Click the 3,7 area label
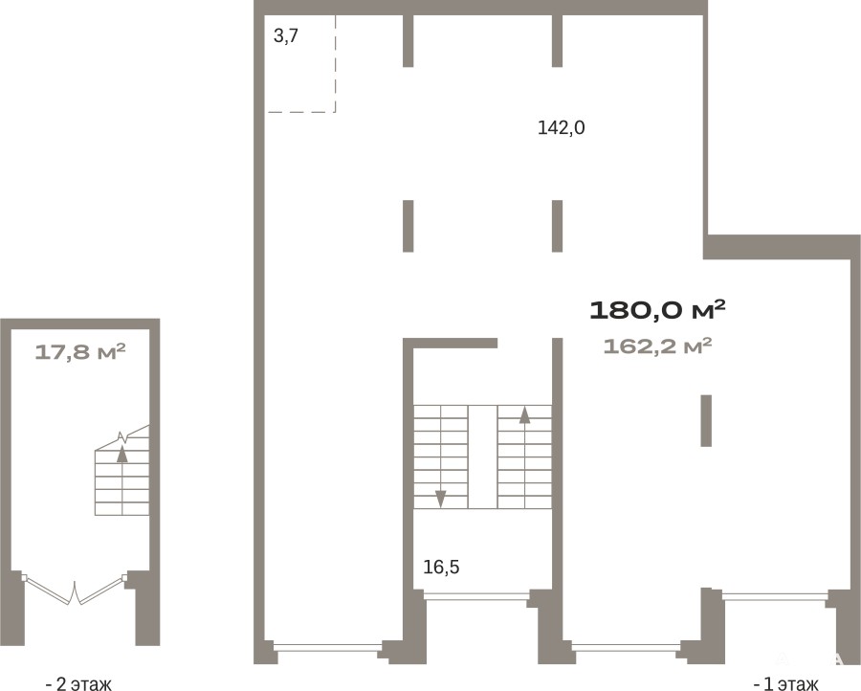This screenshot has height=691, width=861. click(x=285, y=36)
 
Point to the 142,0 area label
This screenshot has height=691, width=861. click(x=562, y=128)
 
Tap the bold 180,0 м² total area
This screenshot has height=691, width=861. click(x=657, y=310)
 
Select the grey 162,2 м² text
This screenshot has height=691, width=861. click(x=657, y=346)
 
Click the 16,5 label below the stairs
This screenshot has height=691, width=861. click(x=441, y=567)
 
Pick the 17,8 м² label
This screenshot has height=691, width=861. click(x=80, y=351)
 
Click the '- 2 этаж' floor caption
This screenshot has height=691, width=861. click(x=78, y=684)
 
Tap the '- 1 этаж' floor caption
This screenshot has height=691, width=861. click(x=785, y=684)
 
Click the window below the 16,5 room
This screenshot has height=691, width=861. click(x=476, y=595)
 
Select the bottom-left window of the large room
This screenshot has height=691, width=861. click(x=328, y=647)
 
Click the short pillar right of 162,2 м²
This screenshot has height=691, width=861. click(x=706, y=421)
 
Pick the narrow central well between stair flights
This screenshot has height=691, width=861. click(x=483, y=457)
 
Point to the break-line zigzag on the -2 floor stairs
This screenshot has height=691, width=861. click(x=125, y=437)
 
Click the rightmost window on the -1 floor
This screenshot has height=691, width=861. click(x=775, y=595)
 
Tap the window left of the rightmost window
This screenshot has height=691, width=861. click(x=626, y=647)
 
